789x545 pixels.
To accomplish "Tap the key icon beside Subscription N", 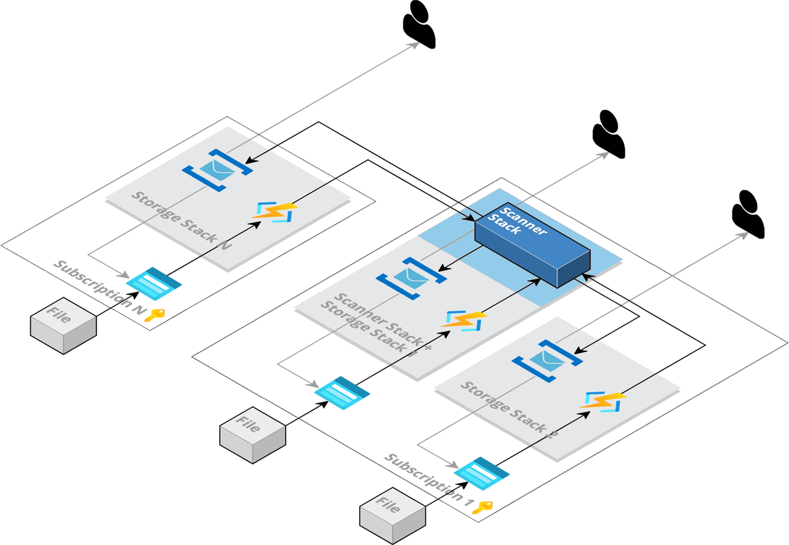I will coord(154,315).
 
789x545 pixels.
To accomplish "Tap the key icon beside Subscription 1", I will coord(482,508).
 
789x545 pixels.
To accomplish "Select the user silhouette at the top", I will coord(419,25).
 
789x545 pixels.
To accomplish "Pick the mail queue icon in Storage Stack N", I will coord(218,170).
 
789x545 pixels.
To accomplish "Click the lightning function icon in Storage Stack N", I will coord(274,212).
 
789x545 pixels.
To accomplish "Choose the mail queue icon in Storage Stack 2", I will coord(547,360).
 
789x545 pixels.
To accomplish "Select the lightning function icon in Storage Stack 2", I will coord(603,401).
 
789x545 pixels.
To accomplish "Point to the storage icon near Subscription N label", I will coord(154,284).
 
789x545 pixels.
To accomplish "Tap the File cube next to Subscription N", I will coord(63,326).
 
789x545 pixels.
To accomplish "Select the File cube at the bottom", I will coord(392,515).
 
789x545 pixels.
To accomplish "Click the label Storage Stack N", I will coord(181,220).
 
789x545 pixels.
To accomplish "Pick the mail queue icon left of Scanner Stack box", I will coord(411,278).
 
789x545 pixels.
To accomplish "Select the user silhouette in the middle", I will coord(608,134).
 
